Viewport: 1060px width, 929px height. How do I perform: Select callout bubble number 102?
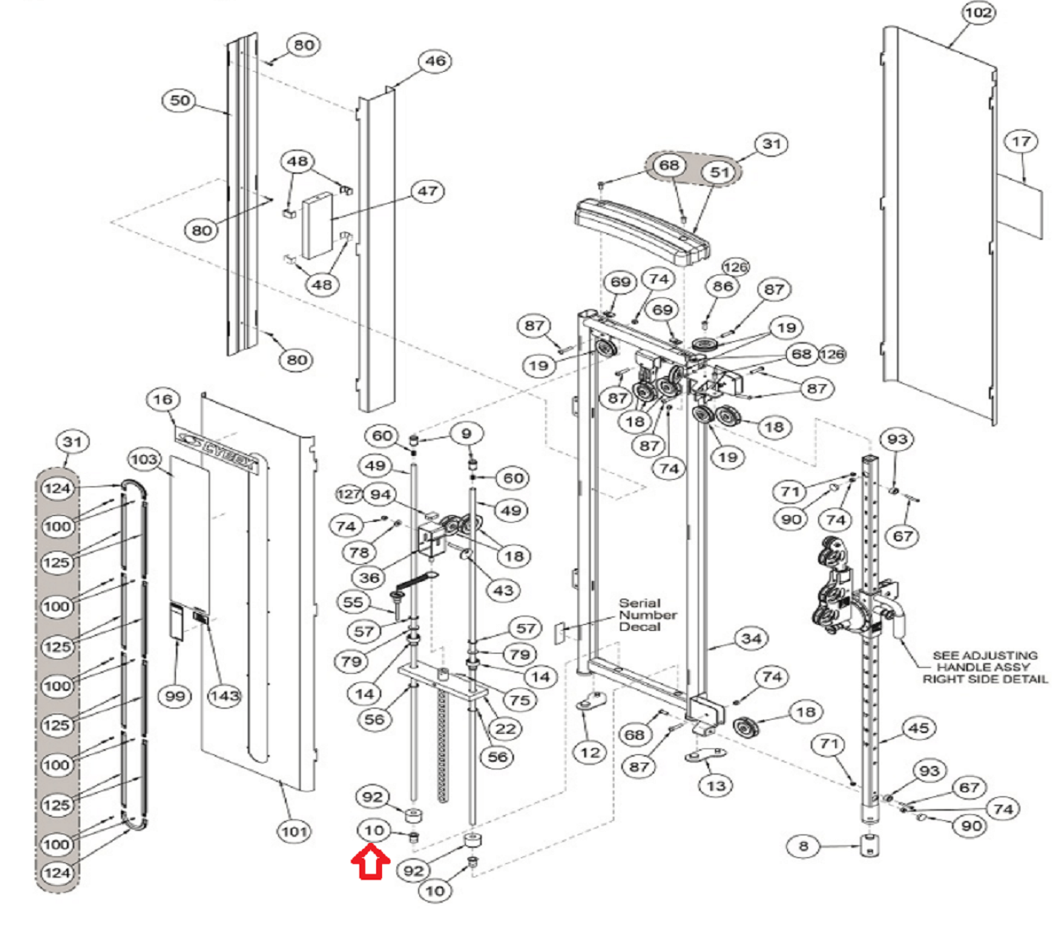point(978,13)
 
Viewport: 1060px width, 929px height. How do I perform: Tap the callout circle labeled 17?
point(1021,141)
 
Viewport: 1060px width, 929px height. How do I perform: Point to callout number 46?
point(434,61)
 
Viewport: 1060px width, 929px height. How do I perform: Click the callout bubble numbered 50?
point(179,100)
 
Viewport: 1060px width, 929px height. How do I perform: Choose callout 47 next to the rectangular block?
point(427,192)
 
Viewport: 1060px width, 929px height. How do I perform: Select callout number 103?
point(144,459)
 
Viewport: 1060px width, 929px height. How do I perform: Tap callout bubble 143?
point(224,696)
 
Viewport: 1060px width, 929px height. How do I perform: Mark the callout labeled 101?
point(294,831)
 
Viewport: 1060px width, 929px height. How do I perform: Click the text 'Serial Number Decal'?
point(647,615)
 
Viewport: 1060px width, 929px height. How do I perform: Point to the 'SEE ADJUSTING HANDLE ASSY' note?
point(985,667)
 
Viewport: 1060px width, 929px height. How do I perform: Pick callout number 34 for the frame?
point(751,638)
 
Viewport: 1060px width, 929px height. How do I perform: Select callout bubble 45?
point(919,728)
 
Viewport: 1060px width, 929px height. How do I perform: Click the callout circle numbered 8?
point(803,846)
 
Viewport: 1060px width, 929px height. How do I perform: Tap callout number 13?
point(716,785)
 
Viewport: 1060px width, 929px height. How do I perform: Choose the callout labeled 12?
point(590,752)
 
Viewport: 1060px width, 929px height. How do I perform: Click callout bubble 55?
point(352,601)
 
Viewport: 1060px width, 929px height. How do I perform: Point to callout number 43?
point(503,590)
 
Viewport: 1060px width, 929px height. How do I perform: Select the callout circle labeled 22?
point(505,729)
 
